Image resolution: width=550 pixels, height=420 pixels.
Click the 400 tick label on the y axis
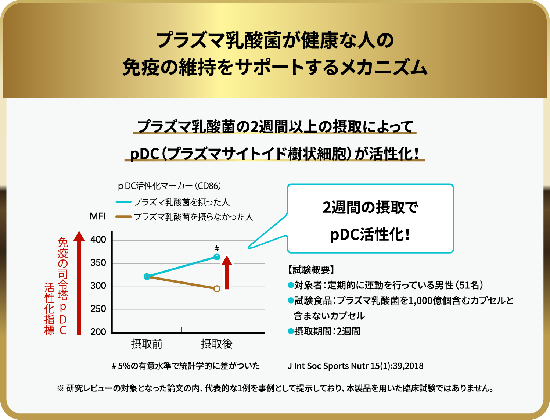point(98,240)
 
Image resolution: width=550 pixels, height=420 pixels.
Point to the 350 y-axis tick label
point(98,263)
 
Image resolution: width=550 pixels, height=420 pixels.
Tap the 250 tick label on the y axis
point(98,309)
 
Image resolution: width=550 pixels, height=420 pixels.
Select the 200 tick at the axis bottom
point(98,332)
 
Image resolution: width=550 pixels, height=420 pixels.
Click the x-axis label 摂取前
point(147,344)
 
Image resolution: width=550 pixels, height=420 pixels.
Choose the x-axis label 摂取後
point(217,344)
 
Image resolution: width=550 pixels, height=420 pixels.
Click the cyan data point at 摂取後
point(217,257)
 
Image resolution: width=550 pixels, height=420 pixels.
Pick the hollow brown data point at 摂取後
point(217,289)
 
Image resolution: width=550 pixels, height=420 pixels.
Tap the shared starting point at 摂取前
point(147,277)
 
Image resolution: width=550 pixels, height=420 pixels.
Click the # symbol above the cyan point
point(217,249)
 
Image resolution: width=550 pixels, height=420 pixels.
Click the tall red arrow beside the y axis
point(79,283)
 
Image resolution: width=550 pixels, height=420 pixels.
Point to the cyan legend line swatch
point(123,202)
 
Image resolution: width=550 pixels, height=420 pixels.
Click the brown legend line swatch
point(123,217)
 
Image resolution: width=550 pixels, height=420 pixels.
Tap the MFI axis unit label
point(98,216)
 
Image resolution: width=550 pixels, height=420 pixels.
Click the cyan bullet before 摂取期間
point(290,331)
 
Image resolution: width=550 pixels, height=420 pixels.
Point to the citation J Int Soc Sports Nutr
point(355,366)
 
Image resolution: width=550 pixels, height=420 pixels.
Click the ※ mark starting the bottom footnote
point(61,388)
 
